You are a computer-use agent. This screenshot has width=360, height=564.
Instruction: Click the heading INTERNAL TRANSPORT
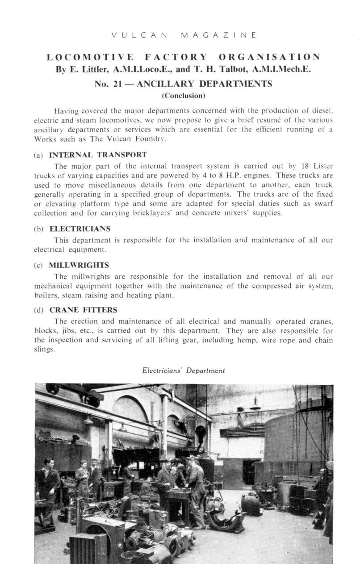pos(98,155)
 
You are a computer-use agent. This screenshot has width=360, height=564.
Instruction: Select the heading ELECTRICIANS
pos(80,228)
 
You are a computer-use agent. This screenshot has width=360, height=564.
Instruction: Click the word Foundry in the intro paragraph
pos(142,139)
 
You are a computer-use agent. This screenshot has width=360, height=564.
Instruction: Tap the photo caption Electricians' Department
pos(183,370)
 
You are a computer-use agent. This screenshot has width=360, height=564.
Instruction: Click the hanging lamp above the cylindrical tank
pos(255,404)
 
